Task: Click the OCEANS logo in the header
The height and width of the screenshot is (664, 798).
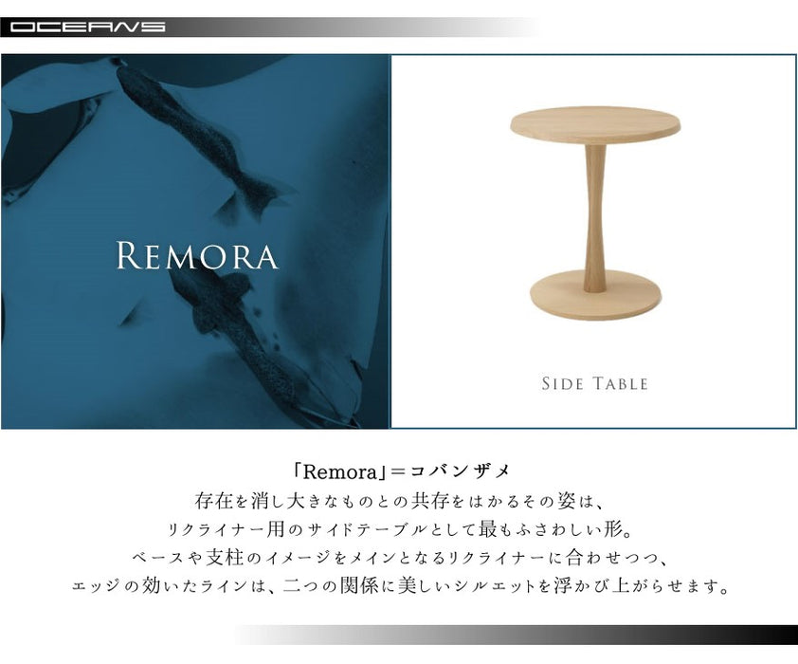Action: [87, 27]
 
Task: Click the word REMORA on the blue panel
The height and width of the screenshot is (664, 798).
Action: [197, 255]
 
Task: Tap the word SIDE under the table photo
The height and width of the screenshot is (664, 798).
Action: [562, 383]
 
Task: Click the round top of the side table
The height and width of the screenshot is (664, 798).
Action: [595, 125]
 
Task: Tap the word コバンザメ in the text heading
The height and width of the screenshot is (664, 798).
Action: [460, 472]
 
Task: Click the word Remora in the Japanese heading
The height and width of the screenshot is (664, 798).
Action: [340, 472]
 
